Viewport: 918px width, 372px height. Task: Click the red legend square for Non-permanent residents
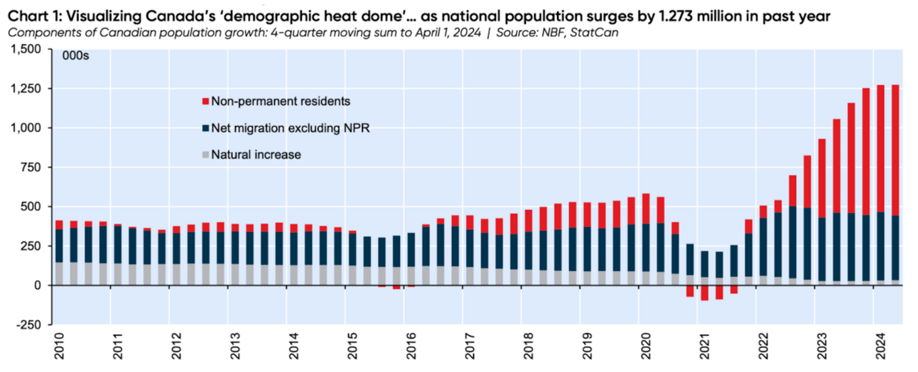(206, 102)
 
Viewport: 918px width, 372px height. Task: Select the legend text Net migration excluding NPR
(290, 128)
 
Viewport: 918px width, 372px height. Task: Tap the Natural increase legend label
(256, 155)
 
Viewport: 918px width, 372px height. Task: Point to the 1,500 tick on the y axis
(26, 50)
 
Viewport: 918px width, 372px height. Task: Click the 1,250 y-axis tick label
(26, 89)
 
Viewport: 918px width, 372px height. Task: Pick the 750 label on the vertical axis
(32, 167)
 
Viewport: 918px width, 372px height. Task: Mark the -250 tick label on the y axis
(28, 325)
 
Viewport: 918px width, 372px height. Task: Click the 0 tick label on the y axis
(38, 285)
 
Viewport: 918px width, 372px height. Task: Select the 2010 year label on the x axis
(60, 346)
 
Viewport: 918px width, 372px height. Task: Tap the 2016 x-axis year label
(411, 346)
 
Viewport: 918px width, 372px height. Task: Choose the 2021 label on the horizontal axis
(704, 346)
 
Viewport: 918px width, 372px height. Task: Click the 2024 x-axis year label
(880, 346)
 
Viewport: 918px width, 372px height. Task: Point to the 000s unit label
(75, 55)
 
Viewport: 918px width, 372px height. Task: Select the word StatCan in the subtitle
(594, 33)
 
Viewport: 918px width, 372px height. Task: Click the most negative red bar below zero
(704, 293)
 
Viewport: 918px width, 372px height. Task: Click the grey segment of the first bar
(60, 273)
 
